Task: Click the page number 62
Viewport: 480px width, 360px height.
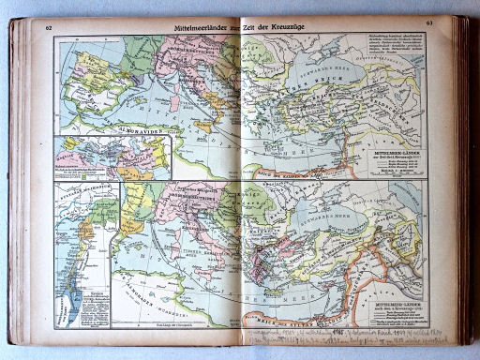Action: [48, 27]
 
